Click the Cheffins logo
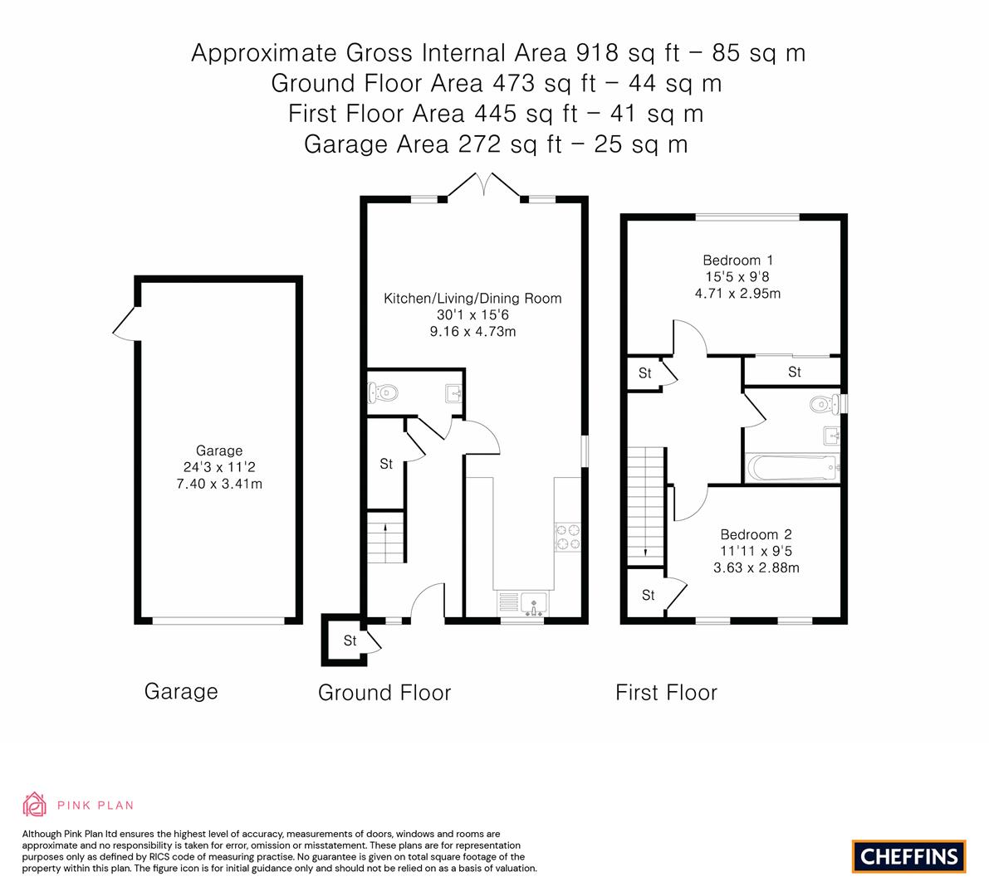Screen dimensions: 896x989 tap(908, 856)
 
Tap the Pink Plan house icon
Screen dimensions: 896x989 tap(35, 804)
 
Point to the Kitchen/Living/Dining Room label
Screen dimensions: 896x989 tap(472, 299)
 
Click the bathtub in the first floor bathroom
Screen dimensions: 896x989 tap(791, 468)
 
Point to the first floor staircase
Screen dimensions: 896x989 tap(646, 506)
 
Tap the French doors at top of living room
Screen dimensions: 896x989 tap(484, 186)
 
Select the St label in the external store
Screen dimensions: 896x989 tap(350, 640)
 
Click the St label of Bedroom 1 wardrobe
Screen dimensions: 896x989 tap(794, 372)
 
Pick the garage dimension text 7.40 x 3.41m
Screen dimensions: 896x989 tap(219, 484)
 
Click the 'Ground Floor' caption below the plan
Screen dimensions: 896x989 tap(384, 693)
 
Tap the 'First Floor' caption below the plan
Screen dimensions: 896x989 tap(666, 692)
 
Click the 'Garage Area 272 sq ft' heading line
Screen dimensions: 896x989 tap(496, 144)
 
